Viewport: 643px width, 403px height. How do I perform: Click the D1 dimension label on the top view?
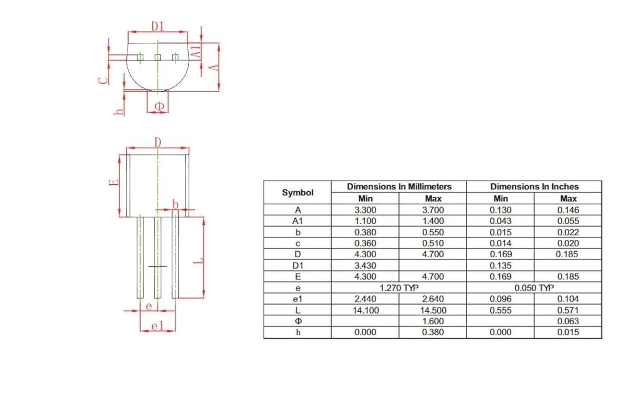[x=158, y=26]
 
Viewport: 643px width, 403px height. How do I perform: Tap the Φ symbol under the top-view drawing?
[x=159, y=106]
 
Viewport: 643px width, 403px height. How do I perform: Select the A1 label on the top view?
[x=197, y=51]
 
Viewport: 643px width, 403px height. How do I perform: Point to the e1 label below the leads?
[x=158, y=326]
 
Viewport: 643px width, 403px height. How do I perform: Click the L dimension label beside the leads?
[x=198, y=260]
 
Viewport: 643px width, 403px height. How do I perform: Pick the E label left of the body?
[x=114, y=182]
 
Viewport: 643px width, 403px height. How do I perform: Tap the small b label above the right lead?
[x=175, y=205]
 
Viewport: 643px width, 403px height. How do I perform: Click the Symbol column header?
[x=297, y=192]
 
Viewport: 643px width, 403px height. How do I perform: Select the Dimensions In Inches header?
[x=534, y=186]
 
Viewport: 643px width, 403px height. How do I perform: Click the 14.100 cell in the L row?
[x=365, y=310]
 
